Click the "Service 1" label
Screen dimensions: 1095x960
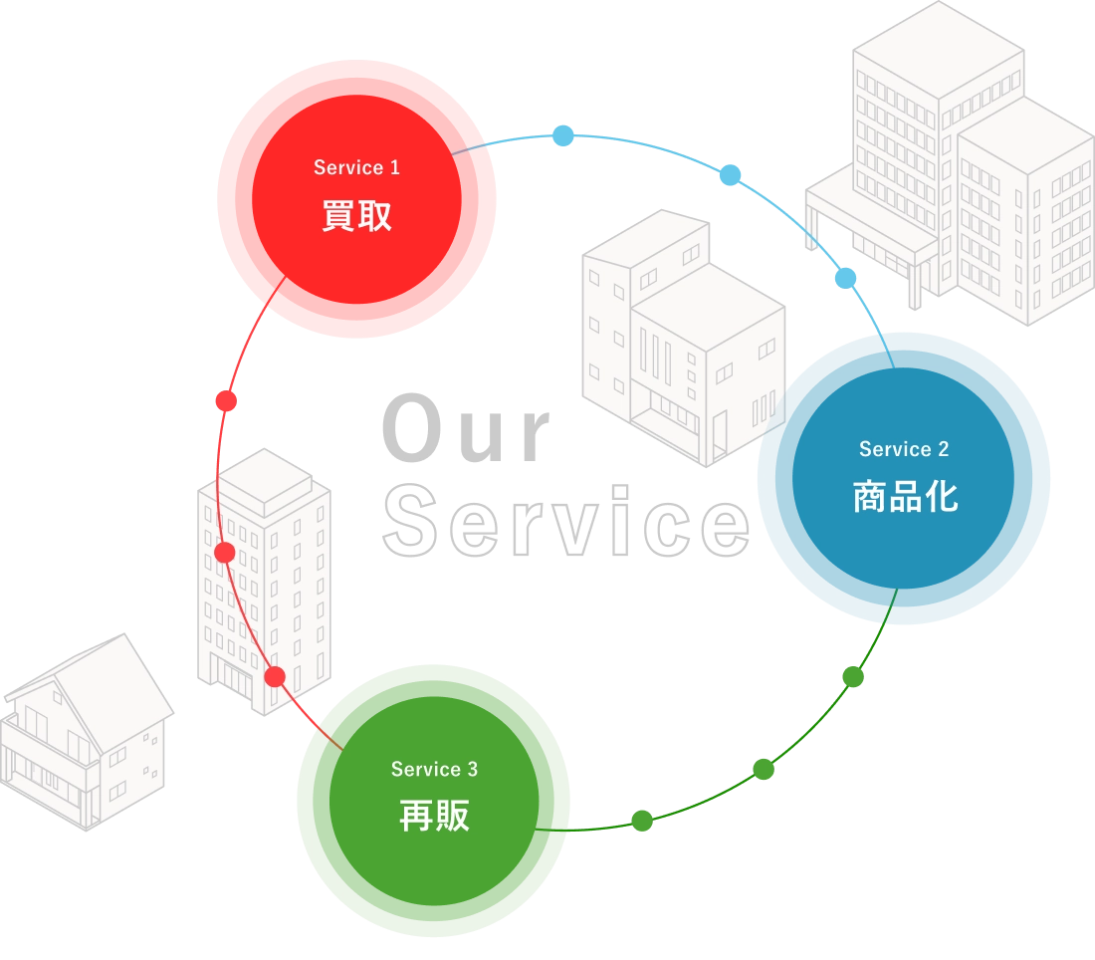point(356,167)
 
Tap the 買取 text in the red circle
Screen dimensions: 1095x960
point(356,215)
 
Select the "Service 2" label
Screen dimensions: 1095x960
point(904,449)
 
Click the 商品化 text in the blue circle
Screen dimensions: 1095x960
point(905,497)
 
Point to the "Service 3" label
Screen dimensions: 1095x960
point(434,769)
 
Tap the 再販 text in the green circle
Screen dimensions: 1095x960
point(434,816)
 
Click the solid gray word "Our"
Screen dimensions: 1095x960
point(467,428)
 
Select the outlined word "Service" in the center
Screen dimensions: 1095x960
point(566,521)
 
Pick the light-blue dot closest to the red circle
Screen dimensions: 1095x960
point(562,135)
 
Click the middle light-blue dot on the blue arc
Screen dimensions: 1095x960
point(730,174)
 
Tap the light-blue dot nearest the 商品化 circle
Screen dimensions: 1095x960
point(846,278)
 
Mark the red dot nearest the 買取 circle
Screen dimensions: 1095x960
point(226,401)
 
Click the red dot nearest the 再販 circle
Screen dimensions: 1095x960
point(275,676)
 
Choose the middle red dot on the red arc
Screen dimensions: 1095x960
point(225,553)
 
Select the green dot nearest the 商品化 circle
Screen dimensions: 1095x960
point(853,676)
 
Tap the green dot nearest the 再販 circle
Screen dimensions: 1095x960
point(642,821)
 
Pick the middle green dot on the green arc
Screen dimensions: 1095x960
point(764,769)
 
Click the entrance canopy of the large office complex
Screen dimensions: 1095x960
point(866,209)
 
